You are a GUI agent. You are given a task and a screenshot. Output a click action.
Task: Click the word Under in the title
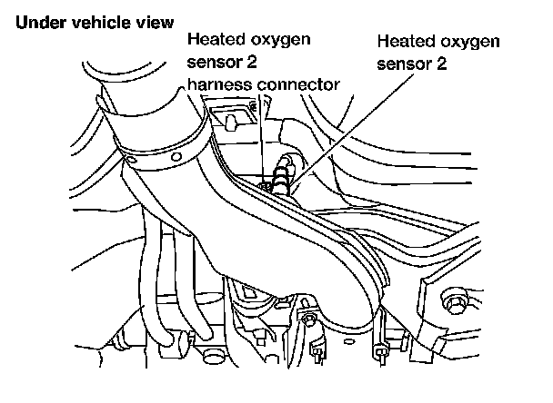36,19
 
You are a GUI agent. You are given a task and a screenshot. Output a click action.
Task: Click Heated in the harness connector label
214,41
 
